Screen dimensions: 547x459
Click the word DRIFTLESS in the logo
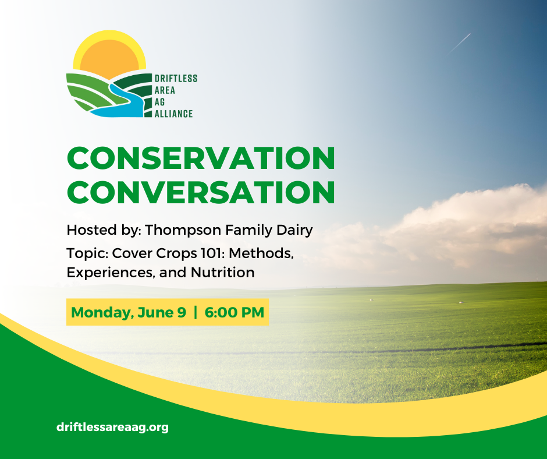tap(176, 78)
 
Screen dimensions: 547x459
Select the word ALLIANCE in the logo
tap(174, 114)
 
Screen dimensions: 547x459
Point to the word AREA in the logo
tap(165, 90)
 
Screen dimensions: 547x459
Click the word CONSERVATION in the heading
tap(201, 158)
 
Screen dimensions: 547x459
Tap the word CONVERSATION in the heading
tap(201, 192)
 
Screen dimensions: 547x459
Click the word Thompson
tap(183, 231)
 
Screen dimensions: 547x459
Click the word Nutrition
tap(222, 273)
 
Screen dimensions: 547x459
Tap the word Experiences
tap(111, 273)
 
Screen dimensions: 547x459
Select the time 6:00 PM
tap(235, 312)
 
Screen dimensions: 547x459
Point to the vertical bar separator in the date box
tap(196, 312)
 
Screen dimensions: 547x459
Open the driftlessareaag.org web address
tap(112, 427)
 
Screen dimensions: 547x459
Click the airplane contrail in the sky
tap(460, 43)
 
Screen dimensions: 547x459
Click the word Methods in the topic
tap(261, 253)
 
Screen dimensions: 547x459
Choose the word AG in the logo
tap(160, 102)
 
